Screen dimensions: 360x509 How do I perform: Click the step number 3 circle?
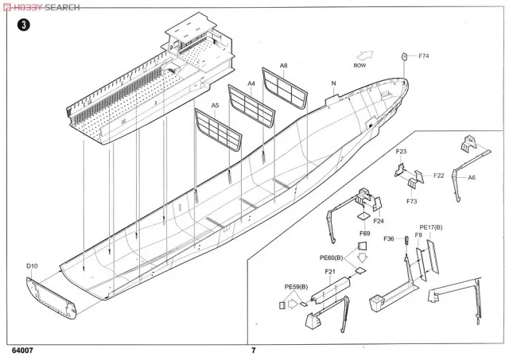click(x=26, y=25)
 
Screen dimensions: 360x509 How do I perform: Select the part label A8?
click(x=283, y=66)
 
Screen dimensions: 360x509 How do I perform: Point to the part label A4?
click(x=252, y=83)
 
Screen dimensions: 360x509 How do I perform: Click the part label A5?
click(x=214, y=106)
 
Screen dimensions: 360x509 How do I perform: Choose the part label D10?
click(x=31, y=266)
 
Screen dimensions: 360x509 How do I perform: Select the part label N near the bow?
click(x=333, y=83)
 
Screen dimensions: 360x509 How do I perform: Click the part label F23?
click(x=401, y=151)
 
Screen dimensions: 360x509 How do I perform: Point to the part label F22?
click(x=439, y=175)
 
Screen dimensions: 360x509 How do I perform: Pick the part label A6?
click(x=472, y=179)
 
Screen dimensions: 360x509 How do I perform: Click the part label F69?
click(x=364, y=234)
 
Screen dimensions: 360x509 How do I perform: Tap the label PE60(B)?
click(x=332, y=257)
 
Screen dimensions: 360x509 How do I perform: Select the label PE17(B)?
click(x=431, y=226)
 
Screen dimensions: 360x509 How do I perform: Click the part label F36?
click(x=389, y=238)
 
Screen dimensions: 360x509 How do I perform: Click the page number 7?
click(x=253, y=350)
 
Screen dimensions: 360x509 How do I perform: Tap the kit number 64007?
click(x=22, y=350)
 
